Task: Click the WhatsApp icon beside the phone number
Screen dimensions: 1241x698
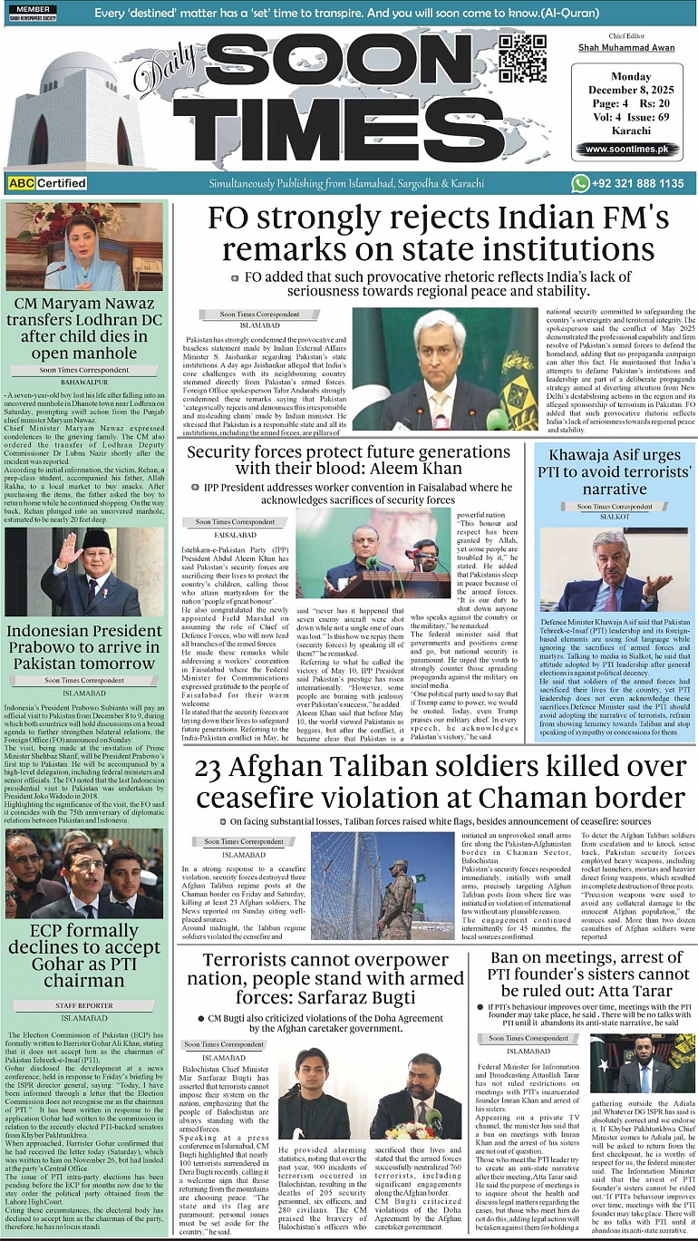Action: [x=581, y=183]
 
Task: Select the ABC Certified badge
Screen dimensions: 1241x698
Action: [x=47, y=183]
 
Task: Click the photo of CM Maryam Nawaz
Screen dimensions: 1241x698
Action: [x=84, y=247]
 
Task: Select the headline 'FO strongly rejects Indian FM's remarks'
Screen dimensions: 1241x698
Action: [x=438, y=234]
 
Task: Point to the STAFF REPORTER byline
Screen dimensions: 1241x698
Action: [x=84, y=1005]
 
